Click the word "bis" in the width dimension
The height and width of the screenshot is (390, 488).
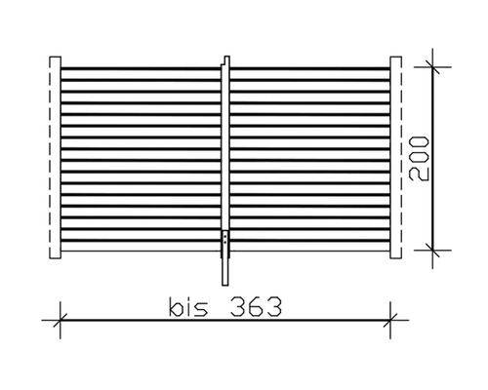[x=188, y=307]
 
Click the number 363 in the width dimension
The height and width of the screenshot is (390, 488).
[x=256, y=307]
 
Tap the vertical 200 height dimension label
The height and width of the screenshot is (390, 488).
[x=419, y=159]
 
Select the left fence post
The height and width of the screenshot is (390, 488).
[x=55, y=158]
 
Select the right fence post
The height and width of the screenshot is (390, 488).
[x=395, y=158]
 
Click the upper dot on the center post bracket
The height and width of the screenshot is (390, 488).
[x=225, y=237]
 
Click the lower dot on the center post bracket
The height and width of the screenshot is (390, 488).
[x=225, y=243]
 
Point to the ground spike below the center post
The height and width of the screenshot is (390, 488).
[x=225, y=271]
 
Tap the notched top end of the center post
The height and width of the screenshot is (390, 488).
[x=226, y=60]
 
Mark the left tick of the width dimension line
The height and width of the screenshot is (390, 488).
[x=61, y=320]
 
